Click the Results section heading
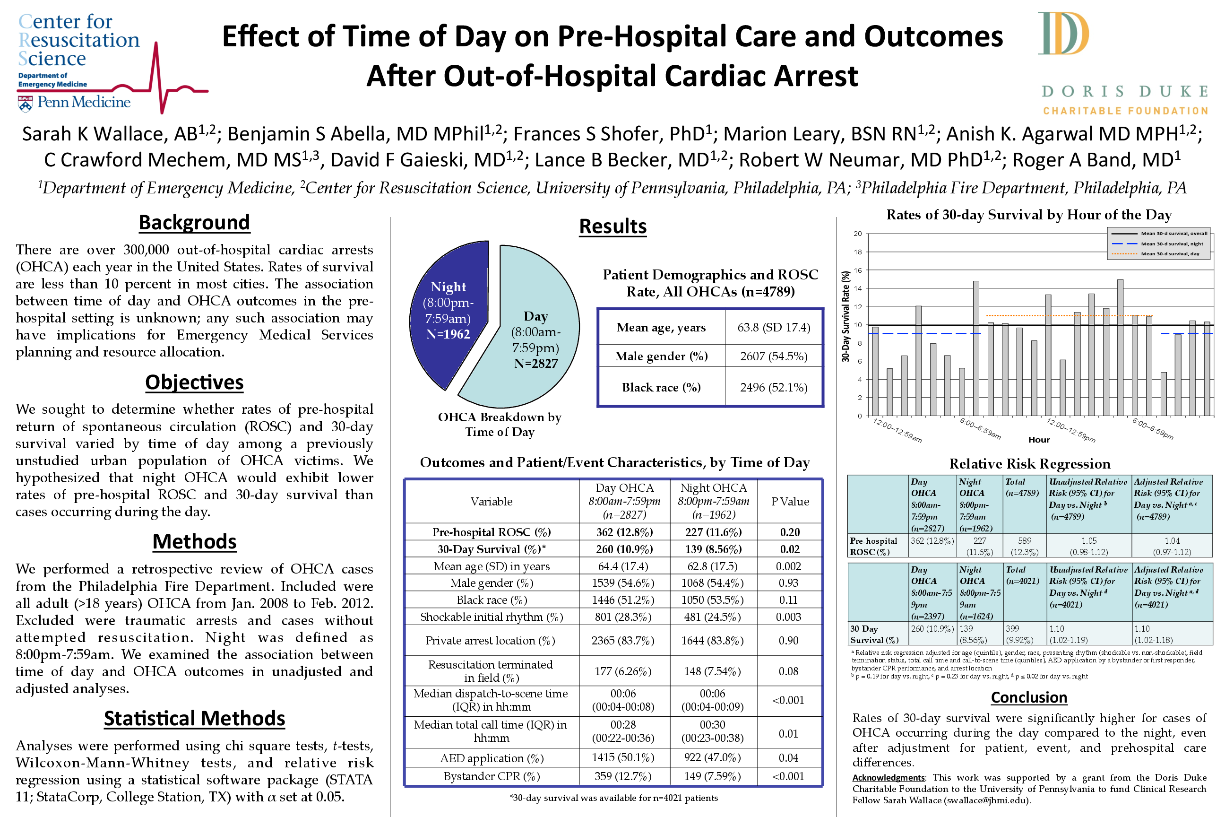pyautogui.click(x=612, y=226)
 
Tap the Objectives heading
pyautogui.click(x=194, y=382)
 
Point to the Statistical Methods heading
pyautogui.click(x=194, y=719)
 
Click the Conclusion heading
pyautogui.click(x=1029, y=697)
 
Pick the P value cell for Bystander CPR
pyautogui.click(x=788, y=776)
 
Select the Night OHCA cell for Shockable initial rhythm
pyautogui.click(x=713, y=617)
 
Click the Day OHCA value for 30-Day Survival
pyautogui.click(x=623, y=549)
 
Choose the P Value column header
pyautogui.click(x=790, y=502)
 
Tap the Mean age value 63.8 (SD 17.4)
pyautogui.click(x=774, y=328)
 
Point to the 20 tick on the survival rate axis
pyautogui.click(x=857, y=234)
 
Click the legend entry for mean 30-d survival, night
pyautogui.click(x=1172, y=244)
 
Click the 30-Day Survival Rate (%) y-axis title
pyautogui.click(x=846, y=316)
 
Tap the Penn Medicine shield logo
pyautogui.click(x=25, y=103)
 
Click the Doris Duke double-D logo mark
pyautogui.click(x=1062, y=34)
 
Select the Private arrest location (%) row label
pyautogui.click(x=490, y=641)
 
